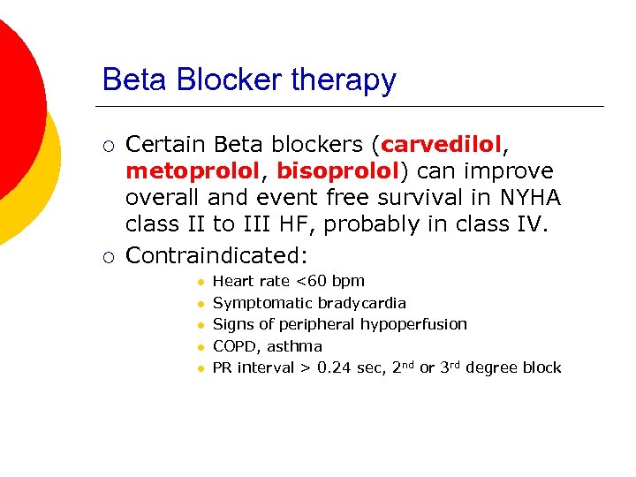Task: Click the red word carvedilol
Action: pos(441,143)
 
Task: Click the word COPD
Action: pos(234,346)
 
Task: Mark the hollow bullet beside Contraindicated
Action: pos(108,256)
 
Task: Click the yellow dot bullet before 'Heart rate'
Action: pos(201,282)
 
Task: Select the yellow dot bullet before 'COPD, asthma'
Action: pos(201,347)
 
